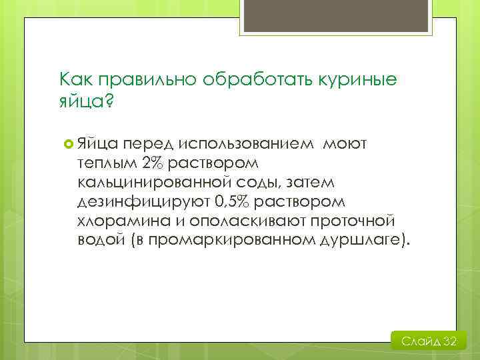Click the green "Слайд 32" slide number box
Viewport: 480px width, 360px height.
429,341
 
